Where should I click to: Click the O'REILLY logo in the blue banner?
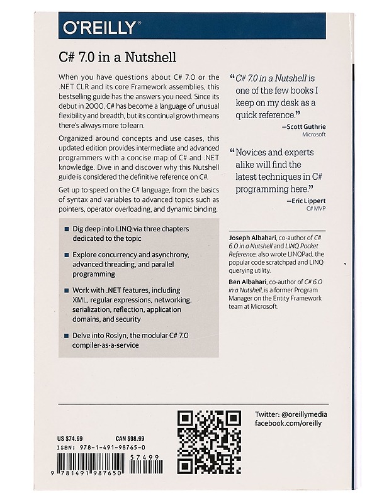tap(99, 27)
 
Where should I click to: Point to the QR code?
tap(209, 442)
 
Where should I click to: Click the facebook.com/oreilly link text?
tap(288, 424)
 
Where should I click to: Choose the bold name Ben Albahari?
tap(247, 282)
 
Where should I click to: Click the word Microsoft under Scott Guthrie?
tap(313, 135)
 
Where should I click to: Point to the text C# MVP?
tap(313, 207)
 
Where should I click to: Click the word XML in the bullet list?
tap(81, 301)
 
